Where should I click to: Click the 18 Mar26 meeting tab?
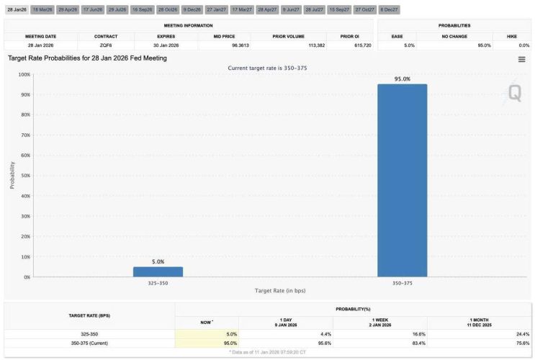(x=43, y=9)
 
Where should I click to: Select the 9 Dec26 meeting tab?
(x=192, y=9)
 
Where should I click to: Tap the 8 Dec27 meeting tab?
(x=388, y=9)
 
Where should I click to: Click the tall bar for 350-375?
(x=402, y=180)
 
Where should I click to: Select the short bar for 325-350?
(x=158, y=271)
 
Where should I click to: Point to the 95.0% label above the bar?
(x=402, y=79)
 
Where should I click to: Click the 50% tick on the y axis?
(x=25, y=176)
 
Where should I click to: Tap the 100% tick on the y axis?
(x=24, y=75)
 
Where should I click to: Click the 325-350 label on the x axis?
(x=158, y=283)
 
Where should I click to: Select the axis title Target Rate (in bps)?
(x=279, y=291)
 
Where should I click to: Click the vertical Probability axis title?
(x=12, y=176)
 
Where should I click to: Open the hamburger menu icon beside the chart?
(x=521, y=59)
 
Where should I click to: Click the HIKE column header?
(x=511, y=36)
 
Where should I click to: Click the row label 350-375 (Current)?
(x=89, y=343)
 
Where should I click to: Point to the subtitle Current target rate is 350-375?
(x=267, y=68)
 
